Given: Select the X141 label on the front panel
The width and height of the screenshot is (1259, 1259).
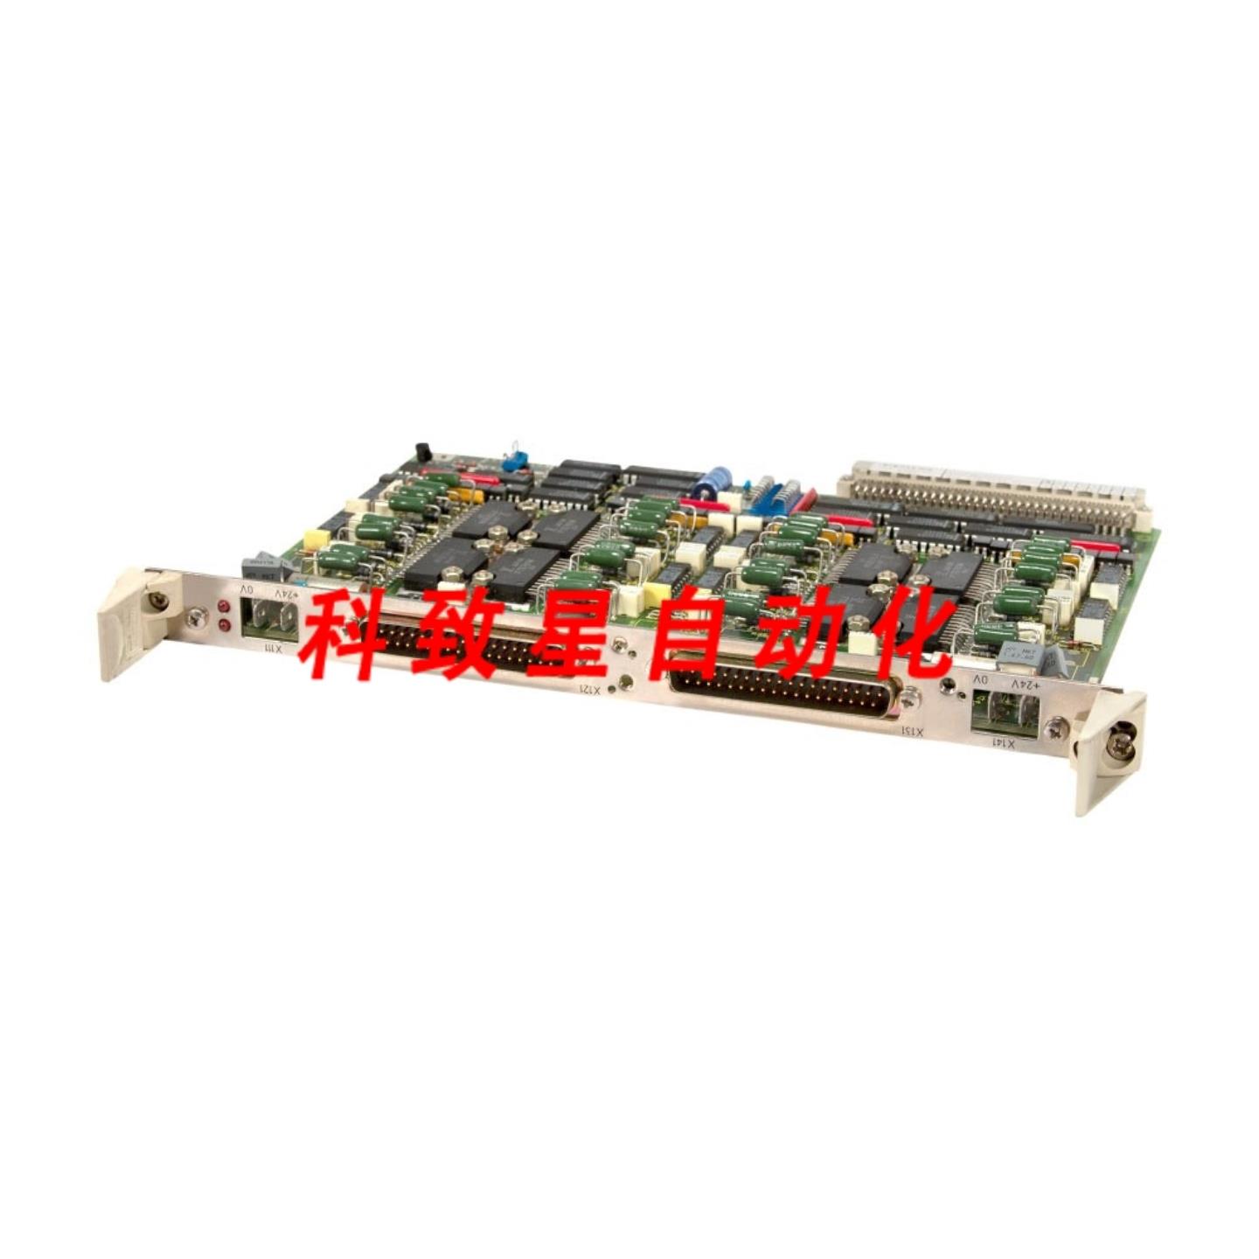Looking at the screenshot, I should click(x=1005, y=742).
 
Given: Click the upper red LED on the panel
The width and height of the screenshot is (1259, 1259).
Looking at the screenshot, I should click(x=224, y=606).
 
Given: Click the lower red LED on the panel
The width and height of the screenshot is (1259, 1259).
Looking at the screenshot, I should click(x=224, y=624).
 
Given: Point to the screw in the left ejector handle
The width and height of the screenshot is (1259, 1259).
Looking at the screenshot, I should click(x=157, y=600).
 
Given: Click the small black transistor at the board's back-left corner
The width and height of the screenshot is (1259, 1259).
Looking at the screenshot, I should click(x=423, y=453).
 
